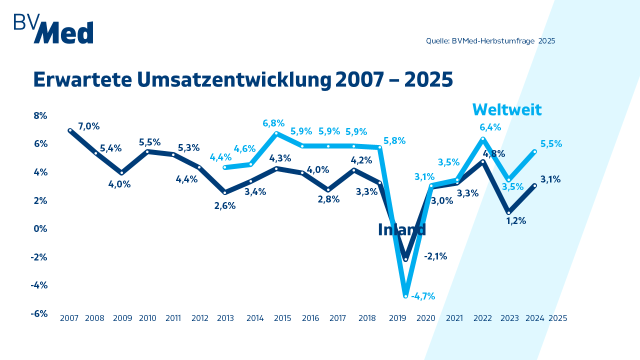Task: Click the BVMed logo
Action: [x=53, y=28]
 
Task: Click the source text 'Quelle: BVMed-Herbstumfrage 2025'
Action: [x=490, y=41]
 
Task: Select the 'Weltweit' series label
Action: [x=507, y=109]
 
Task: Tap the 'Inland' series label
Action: [x=402, y=229]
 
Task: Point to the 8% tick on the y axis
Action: [x=40, y=115]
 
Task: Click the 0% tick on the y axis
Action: [x=40, y=228]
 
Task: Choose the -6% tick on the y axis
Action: [x=39, y=313]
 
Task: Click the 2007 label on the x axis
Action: [x=69, y=318]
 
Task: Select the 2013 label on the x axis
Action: [x=226, y=318]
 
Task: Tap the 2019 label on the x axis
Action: [x=397, y=318]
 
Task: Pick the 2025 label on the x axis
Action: [x=557, y=318]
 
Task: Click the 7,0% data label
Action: [x=89, y=126]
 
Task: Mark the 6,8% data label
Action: [x=273, y=123]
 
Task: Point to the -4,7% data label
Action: [x=423, y=296]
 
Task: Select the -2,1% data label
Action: [x=435, y=256]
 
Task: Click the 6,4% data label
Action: [x=490, y=127]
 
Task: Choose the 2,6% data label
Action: [x=224, y=205]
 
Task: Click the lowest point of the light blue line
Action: [x=406, y=295]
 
